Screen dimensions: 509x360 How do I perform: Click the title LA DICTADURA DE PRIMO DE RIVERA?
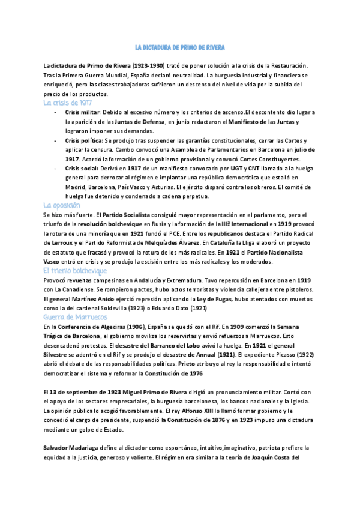click(x=179, y=47)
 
